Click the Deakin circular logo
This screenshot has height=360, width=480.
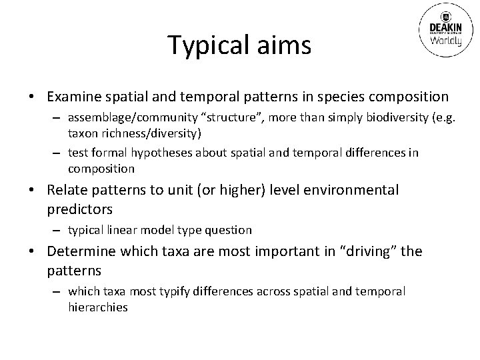point(443,30)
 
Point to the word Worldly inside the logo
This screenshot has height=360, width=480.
point(443,39)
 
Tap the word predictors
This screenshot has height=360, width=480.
point(79,209)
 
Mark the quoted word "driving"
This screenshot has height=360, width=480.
point(371,252)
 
